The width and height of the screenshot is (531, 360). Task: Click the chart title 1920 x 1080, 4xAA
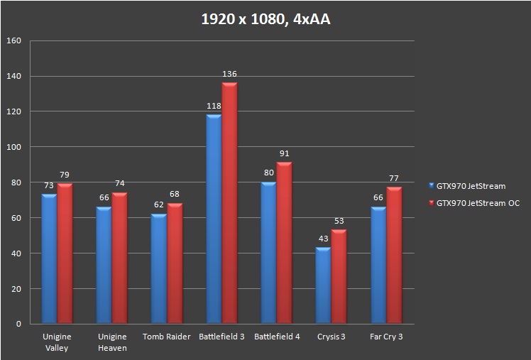pos(265,19)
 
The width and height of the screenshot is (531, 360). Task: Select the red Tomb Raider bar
pos(175,263)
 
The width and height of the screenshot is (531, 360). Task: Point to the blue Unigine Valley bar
pos(49,259)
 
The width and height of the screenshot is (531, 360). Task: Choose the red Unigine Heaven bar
pos(119,258)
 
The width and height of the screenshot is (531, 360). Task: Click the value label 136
pos(229,74)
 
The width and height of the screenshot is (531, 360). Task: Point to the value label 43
pos(323,239)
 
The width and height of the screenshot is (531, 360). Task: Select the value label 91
pos(284,153)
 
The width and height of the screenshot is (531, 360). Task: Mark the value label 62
pos(159,205)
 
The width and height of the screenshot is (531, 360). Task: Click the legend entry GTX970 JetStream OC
pos(477,203)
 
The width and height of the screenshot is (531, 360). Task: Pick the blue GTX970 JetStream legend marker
pos(432,187)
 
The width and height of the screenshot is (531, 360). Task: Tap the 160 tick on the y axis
pos(14,41)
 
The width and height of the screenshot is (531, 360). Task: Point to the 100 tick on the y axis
pos(14,147)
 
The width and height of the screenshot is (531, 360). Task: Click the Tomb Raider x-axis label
pos(167,337)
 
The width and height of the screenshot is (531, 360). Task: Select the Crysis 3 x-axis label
pos(331,337)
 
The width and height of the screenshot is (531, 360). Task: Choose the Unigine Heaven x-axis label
pos(112,342)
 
